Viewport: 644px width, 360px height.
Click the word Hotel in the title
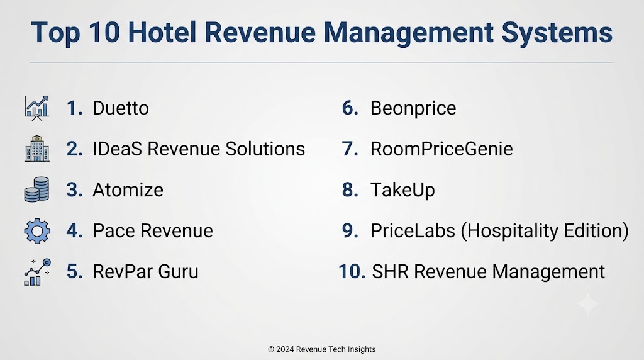click(x=162, y=32)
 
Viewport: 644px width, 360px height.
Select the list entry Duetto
click(x=121, y=108)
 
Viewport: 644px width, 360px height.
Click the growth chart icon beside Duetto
click(x=36, y=108)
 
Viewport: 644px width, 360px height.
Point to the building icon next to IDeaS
click(x=37, y=149)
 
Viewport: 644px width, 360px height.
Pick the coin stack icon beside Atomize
click(x=36, y=189)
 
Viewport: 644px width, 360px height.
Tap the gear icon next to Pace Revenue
click(x=37, y=231)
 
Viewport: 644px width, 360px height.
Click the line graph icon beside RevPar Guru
click(x=37, y=272)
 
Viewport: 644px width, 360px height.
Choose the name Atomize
click(x=128, y=190)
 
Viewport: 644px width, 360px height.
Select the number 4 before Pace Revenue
click(x=74, y=230)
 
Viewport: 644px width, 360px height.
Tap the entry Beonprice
click(x=413, y=109)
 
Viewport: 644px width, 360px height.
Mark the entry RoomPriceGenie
click(x=441, y=149)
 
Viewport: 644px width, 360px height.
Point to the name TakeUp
click(x=402, y=191)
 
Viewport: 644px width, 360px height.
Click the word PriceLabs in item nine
click(x=413, y=230)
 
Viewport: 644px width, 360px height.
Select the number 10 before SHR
click(x=352, y=272)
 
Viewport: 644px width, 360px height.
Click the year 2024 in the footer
click(x=285, y=349)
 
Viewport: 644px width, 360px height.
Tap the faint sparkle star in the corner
click(x=588, y=304)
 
